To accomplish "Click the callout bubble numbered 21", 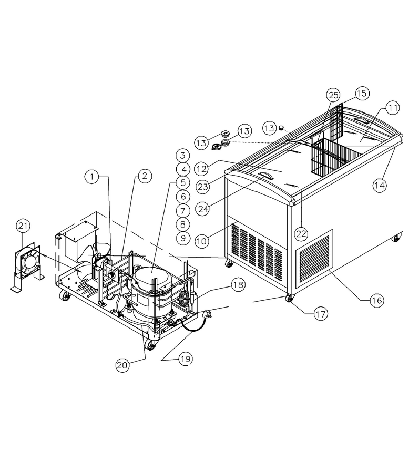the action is [23, 226].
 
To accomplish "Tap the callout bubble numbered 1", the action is [92, 177].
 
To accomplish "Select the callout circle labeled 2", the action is [145, 176].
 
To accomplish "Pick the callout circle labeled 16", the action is [376, 300].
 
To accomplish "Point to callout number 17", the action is [320, 314].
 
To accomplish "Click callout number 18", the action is [238, 285].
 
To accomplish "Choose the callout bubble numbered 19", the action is [186, 359].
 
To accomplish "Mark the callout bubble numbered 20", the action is [122, 365].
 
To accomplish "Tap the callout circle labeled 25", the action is [333, 95].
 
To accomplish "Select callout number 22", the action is [301, 233].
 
